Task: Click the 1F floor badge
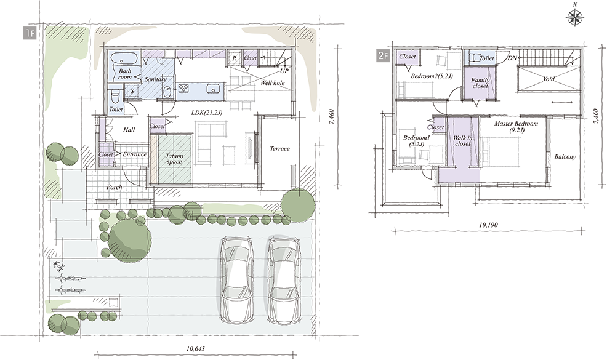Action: (x=30, y=33)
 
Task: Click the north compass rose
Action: (x=575, y=18)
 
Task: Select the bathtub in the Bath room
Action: (x=124, y=59)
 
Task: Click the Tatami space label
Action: (x=174, y=159)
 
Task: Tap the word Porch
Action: (x=115, y=187)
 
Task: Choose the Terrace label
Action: (x=279, y=149)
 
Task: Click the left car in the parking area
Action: (x=236, y=280)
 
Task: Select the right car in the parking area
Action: (x=284, y=280)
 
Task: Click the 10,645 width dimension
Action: (x=195, y=349)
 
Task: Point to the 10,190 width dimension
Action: (x=488, y=225)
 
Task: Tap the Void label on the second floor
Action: (x=549, y=79)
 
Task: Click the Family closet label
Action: (x=480, y=83)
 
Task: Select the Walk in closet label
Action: (x=462, y=140)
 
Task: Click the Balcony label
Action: (x=565, y=157)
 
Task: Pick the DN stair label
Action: (x=512, y=58)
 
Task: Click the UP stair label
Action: (x=284, y=71)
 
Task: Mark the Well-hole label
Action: (x=273, y=82)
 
